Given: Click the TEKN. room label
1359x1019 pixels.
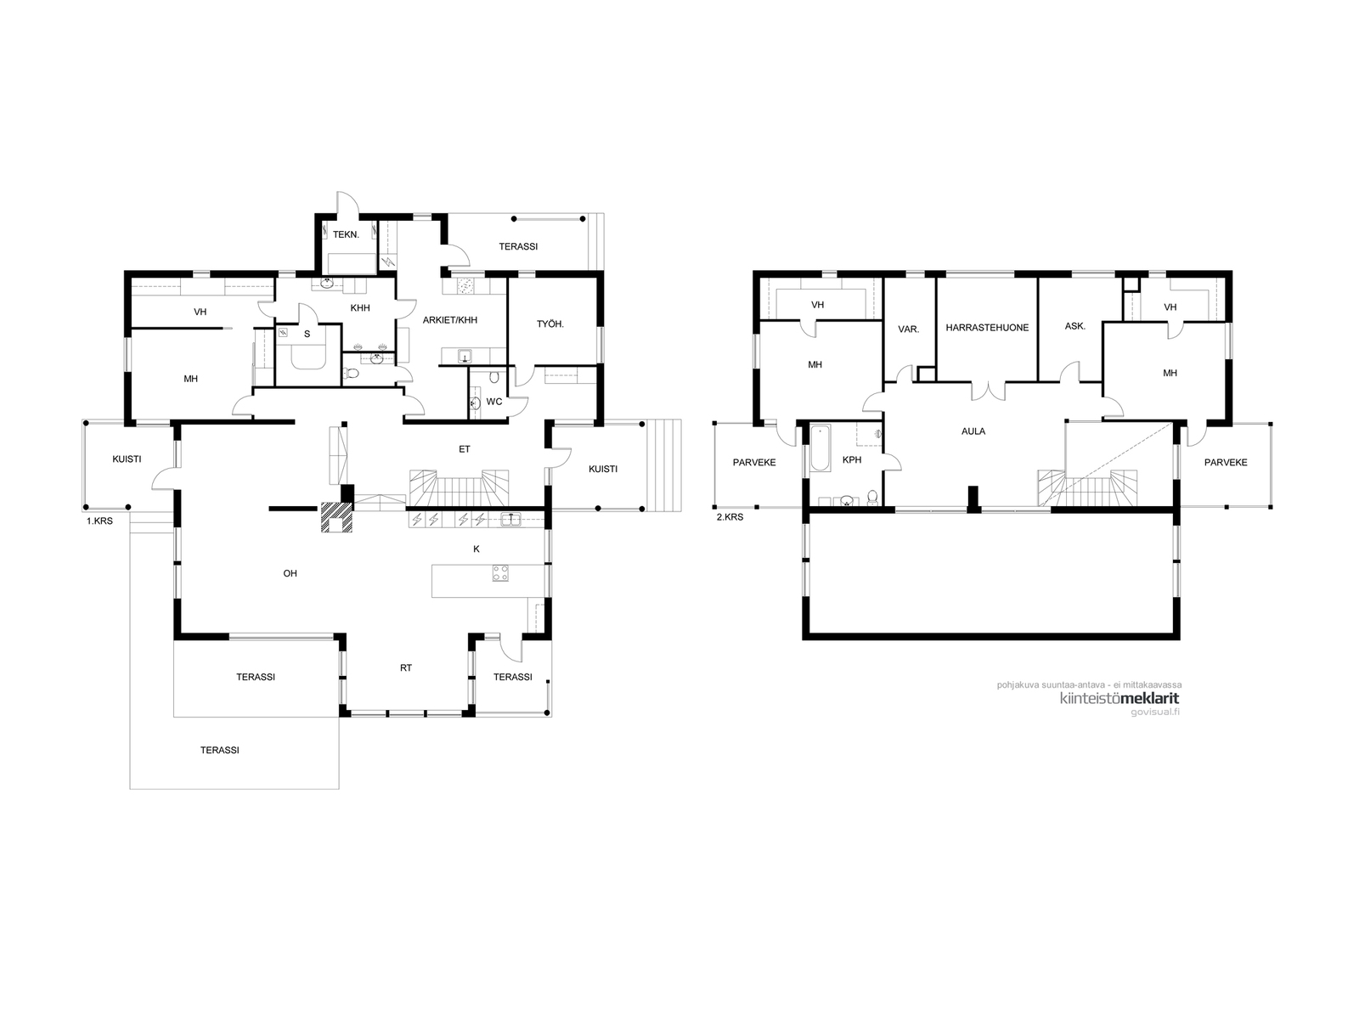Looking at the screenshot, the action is coord(346,234).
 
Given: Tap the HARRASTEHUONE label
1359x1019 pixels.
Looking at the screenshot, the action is coord(987,328).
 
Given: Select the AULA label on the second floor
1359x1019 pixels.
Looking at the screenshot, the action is coord(973,431).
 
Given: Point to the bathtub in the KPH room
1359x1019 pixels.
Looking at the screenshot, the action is coord(820,448).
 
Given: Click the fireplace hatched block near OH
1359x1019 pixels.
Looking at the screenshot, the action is coord(336,517).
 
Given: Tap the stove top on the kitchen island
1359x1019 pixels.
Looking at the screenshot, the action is coord(500,573).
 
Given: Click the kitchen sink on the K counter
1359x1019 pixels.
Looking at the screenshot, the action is coord(510,520).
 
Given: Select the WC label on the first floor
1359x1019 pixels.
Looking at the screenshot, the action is coord(494,403).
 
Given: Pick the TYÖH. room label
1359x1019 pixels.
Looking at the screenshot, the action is coord(550,324).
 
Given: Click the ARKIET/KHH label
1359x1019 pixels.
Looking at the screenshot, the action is coord(450,320).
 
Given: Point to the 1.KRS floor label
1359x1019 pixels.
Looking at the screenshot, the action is coord(99,521).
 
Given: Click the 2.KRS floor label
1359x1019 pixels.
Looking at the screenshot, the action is coord(730,517).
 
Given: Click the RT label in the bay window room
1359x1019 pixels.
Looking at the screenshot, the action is coord(405,668).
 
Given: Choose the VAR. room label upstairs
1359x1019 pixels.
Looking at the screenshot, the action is coord(908,329).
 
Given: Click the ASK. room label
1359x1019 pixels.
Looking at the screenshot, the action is coord(1074,326).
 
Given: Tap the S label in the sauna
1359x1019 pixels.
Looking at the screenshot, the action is coord(307,334).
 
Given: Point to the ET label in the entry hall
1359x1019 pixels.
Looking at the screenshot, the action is coord(465,450).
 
